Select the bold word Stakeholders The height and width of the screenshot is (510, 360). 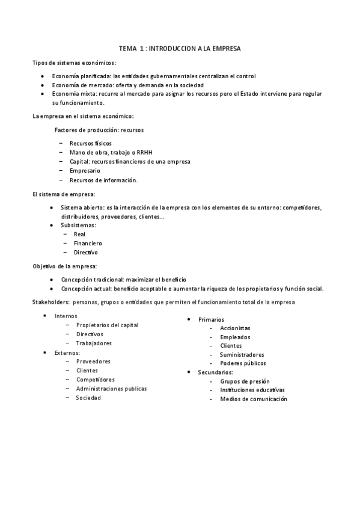(50, 301)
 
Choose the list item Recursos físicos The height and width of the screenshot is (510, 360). (90, 143)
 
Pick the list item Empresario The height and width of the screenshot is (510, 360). (85, 171)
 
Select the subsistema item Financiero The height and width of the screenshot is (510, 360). (88, 244)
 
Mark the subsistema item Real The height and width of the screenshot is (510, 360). (79, 234)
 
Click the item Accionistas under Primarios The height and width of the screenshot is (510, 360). (235, 328)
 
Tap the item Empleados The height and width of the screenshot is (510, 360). (235, 337)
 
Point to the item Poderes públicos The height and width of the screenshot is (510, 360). (243, 363)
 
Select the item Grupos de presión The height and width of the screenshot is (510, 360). (245, 381)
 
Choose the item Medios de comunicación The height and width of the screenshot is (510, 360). (253, 399)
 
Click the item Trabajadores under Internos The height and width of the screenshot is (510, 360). (94, 343)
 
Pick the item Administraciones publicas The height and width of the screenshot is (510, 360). (111, 389)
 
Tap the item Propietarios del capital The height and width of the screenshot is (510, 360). (107, 325)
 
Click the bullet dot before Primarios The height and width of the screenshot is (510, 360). (189, 319)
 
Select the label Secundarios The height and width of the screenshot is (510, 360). (215, 372)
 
